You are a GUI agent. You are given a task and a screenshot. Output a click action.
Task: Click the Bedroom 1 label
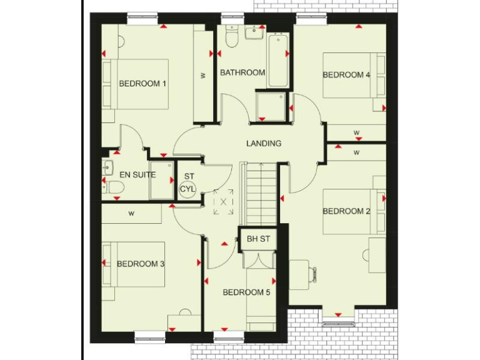[x=142, y=84]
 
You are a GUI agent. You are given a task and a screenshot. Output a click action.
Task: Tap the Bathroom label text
[x=242, y=72]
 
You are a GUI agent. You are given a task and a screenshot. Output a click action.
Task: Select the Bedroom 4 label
[x=346, y=75]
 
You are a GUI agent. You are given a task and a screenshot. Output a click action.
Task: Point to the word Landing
[x=264, y=143]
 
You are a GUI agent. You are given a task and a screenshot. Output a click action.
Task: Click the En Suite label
[x=137, y=175]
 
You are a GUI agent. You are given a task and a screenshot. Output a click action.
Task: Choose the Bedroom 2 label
[x=346, y=211]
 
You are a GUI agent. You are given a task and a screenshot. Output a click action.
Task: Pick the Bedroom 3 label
[x=141, y=264]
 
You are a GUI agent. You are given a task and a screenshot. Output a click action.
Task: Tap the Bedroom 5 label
[x=246, y=292]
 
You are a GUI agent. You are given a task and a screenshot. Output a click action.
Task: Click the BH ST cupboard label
[x=258, y=238]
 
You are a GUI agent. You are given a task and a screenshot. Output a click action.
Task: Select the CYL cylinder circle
[x=187, y=189]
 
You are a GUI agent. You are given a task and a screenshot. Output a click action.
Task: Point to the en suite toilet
[x=113, y=187]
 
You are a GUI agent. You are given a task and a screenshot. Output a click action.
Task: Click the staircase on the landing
[x=262, y=194]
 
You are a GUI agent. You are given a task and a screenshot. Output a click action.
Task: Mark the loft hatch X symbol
[x=223, y=202]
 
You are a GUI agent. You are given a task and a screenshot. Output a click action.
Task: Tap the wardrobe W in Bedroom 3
[x=131, y=213]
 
